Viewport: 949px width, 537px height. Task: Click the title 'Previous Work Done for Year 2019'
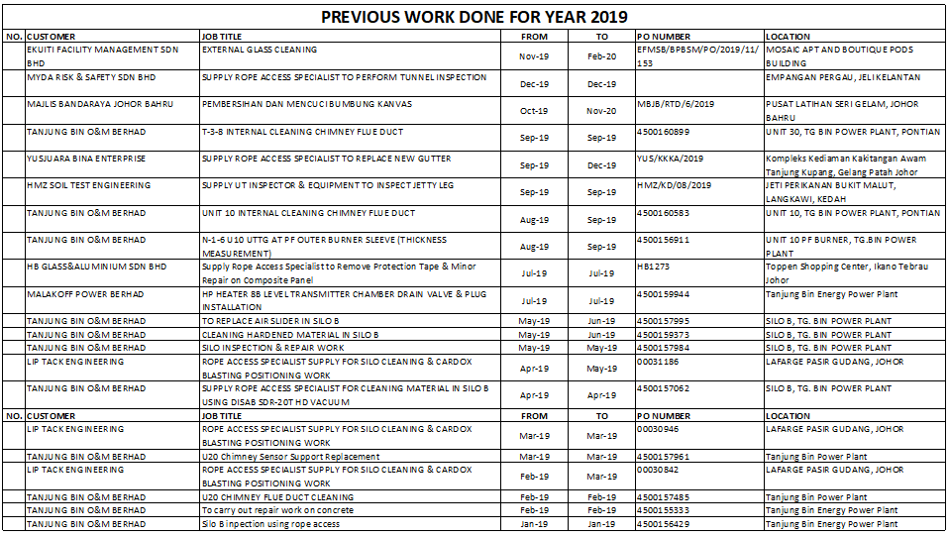point(474,17)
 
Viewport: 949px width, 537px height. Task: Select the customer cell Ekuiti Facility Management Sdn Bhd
point(103,54)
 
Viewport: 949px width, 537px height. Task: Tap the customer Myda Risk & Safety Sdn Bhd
point(91,77)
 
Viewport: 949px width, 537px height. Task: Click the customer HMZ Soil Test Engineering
point(89,185)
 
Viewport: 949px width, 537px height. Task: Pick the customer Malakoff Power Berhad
point(85,294)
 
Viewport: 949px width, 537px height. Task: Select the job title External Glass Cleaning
point(260,50)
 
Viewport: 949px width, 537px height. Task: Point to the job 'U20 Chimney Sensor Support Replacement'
point(290,457)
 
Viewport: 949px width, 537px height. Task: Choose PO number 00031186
point(658,362)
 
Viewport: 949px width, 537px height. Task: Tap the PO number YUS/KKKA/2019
point(671,159)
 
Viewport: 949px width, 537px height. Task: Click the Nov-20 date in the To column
point(601,111)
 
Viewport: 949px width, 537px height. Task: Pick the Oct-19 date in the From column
point(534,111)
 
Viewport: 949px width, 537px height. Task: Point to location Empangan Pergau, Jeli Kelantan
point(843,77)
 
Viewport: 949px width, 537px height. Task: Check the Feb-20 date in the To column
point(601,56)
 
